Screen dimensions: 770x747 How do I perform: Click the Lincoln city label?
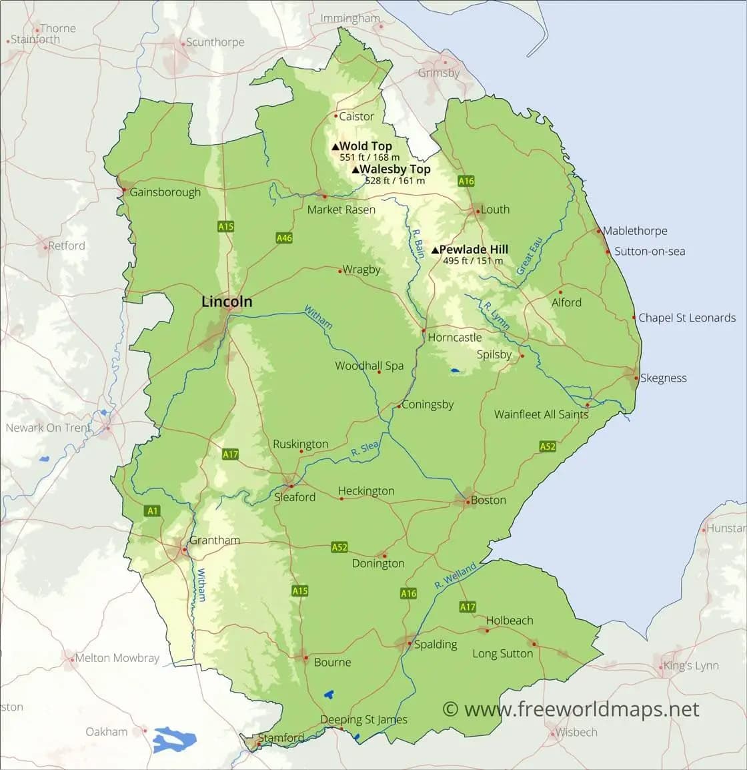(x=227, y=302)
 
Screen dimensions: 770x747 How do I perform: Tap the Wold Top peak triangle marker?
(x=335, y=147)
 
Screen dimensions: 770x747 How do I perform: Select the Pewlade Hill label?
(x=474, y=250)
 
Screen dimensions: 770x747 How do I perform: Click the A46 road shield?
(x=284, y=238)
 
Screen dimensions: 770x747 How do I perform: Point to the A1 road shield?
(x=153, y=511)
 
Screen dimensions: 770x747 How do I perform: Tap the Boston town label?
(x=488, y=500)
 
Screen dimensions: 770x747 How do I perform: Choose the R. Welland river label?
(x=455, y=576)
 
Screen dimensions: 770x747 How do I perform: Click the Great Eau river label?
(x=527, y=255)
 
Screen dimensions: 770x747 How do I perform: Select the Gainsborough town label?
(x=165, y=192)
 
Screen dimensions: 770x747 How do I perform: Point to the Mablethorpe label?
(x=635, y=231)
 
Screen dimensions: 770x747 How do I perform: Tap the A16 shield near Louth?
(x=466, y=181)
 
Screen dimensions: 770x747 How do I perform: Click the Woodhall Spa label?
(x=369, y=366)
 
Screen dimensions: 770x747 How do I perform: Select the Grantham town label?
(x=214, y=540)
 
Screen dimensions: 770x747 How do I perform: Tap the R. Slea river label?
(x=365, y=450)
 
